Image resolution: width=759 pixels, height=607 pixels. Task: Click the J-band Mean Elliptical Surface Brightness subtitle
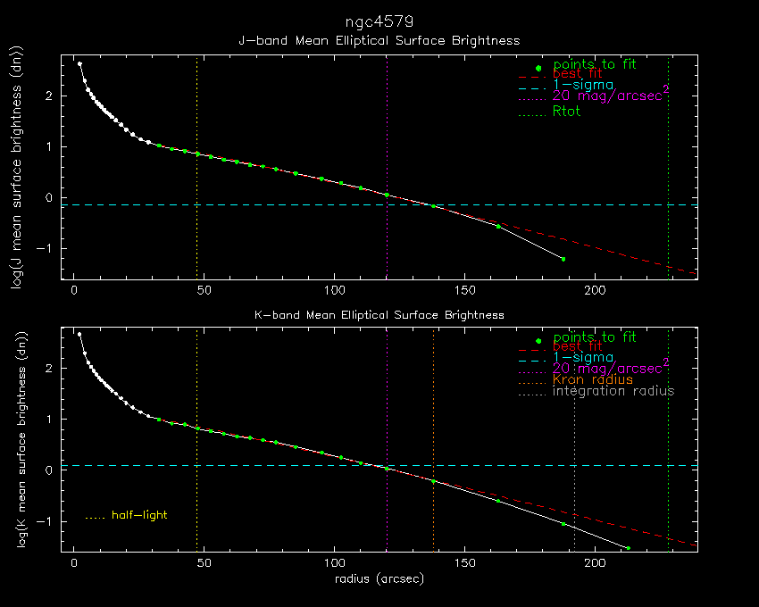pos(379,41)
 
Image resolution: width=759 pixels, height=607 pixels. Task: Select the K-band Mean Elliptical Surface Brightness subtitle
pos(379,315)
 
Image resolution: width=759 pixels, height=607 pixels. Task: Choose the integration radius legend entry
pos(613,391)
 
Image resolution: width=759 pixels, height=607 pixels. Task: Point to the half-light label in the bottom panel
pos(139,515)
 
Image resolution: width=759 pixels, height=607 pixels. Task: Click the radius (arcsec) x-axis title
pos(379,578)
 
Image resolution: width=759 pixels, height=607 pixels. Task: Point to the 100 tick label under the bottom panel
pos(335,563)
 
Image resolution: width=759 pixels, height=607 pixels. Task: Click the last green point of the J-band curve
pos(563,259)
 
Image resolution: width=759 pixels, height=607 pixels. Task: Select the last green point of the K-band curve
pos(628,547)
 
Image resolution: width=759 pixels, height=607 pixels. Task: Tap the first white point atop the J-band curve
pos(79,64)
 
